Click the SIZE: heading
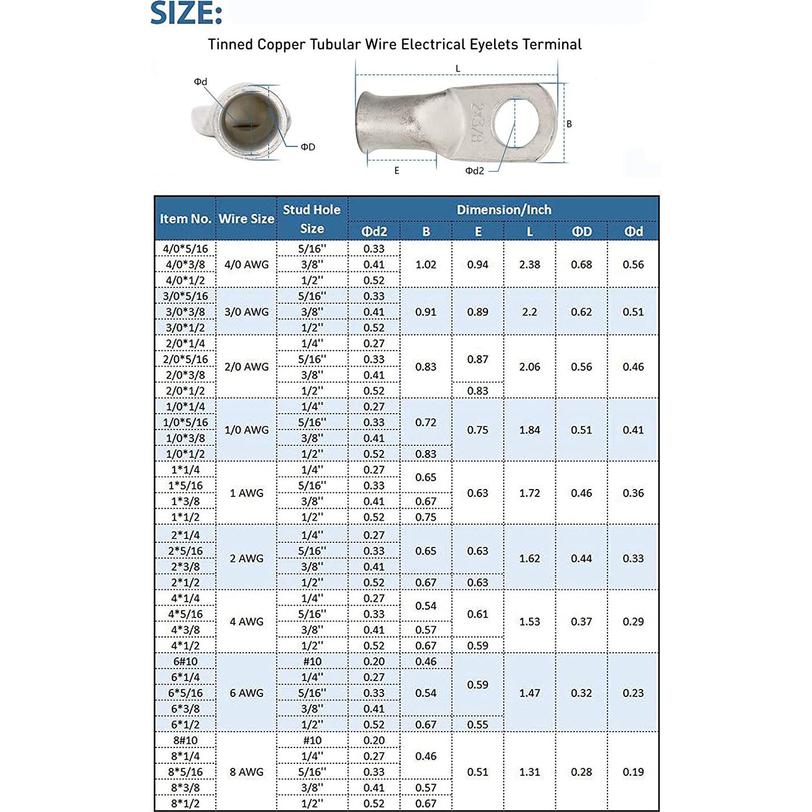[186, 14]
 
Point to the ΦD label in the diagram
[308, 147]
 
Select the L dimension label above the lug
[458, 69]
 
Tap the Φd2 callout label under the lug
[474, 171]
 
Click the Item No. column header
[185, 219]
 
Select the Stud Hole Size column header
[312, 219]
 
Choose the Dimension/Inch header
[504, 210]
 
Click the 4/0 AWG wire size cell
[246, 265]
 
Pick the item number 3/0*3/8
[185, 312]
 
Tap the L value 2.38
[529, 265]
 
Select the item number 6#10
[185, 662]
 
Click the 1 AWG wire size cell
[246, 494]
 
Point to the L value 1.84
[529, 430]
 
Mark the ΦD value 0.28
[581, 772]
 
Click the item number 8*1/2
[185, 804]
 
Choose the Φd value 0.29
[633, 622]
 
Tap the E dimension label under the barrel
[397, 171]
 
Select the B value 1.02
[426, 265]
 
